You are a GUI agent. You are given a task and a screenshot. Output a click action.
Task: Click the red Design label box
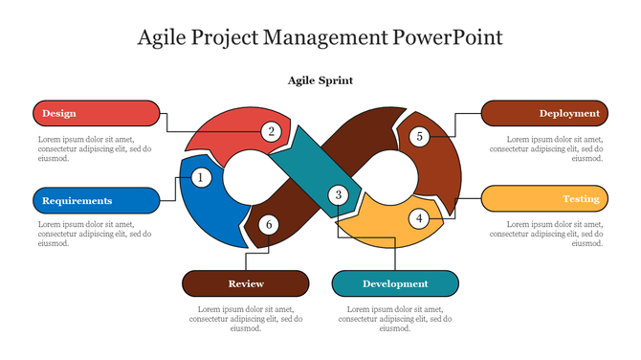[96, 113]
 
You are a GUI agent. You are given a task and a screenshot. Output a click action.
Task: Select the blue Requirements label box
[96, 200]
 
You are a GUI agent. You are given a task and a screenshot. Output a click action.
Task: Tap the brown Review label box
[246, 283]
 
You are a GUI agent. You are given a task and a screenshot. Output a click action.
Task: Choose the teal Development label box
[395, 283]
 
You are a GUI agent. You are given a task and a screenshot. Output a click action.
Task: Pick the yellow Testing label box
[543, 198]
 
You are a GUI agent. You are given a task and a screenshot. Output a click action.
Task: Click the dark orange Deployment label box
[543, 113]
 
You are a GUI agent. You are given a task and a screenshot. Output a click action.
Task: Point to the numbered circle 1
[201, 177]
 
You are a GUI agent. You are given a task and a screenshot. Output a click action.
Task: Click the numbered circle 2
[272, 132]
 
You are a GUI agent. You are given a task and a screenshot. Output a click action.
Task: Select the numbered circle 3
[338, 195]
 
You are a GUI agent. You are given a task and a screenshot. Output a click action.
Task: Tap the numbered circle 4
[418, 218]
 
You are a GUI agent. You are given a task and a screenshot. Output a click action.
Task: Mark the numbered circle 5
[419, 137]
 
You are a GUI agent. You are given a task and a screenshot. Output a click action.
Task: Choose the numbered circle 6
[269, 225]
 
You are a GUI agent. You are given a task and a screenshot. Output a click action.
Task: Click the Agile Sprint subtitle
[320, 80]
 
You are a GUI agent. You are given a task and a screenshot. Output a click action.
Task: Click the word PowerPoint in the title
[448, 37]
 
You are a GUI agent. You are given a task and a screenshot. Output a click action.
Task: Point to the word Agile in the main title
[164, 37]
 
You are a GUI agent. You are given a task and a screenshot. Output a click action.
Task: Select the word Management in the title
[329, 37]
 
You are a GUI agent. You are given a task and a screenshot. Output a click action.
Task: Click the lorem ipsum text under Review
[246, 319]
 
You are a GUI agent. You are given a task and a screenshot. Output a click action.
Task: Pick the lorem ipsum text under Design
[94, 148]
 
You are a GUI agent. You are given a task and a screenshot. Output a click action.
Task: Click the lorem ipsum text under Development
[395, 319]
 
